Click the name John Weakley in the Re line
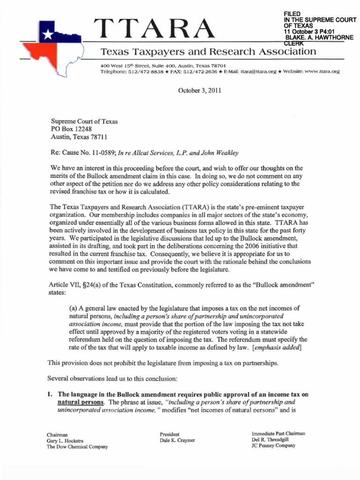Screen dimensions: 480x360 tap(224, 153)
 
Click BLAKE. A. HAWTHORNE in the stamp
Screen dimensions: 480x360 tap(319, 37)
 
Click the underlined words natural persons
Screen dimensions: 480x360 tap(77, 402)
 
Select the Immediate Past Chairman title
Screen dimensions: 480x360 tap(278, 434)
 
